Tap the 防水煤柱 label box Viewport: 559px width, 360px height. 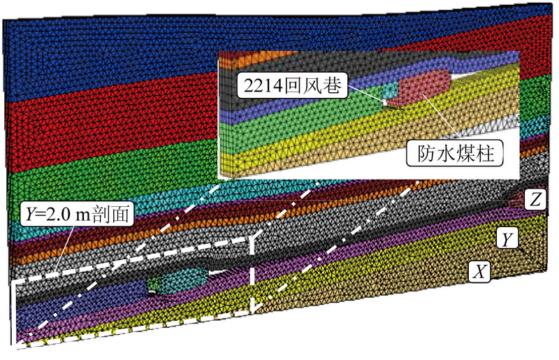(454, 152)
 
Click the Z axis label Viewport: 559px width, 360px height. (533, 201)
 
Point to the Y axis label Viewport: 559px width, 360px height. (507, 239)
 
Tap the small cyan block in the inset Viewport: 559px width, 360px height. (390, 92)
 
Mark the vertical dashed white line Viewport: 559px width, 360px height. (251, 273)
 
